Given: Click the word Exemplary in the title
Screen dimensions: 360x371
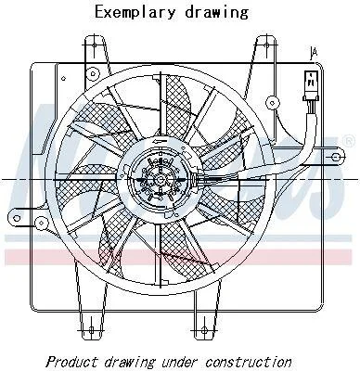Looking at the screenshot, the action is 135,13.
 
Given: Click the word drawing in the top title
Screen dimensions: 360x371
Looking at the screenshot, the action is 216,13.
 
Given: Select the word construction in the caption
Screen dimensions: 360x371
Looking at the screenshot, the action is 249,361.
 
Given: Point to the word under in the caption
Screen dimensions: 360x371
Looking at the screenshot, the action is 180,361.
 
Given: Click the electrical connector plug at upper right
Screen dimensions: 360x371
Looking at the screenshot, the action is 310,85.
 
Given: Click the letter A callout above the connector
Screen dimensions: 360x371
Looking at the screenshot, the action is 314,54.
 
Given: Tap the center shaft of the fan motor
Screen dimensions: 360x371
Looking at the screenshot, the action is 161,180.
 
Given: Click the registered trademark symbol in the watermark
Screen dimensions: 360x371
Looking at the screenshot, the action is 350,141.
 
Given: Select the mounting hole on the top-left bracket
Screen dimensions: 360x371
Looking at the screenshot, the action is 95,45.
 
